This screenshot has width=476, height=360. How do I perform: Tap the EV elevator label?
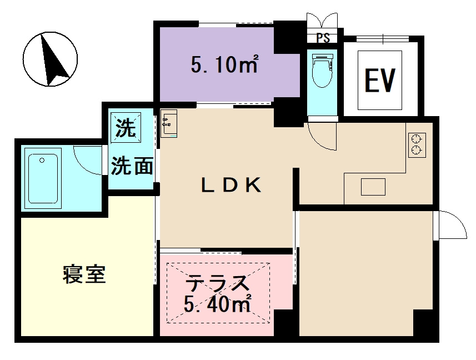point(379,80)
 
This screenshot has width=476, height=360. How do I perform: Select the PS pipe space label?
point(323,39)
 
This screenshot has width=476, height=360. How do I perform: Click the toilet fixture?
point(322,71)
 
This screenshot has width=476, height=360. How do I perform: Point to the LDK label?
point(231,186)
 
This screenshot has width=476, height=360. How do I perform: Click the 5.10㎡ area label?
point(224,66)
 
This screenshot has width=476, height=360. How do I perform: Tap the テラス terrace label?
point(217,284)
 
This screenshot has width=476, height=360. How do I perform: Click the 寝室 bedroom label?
point(84,274)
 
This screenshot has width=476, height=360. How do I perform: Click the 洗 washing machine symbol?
point(126,129)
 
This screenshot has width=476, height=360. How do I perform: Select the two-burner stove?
point(417,144)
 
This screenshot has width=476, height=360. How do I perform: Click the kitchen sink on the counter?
point(373,187)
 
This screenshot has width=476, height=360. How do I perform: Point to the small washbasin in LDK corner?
point(169,123)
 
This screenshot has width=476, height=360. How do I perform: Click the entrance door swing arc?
point(451,224)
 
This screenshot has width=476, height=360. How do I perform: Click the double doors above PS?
point(322,20)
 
